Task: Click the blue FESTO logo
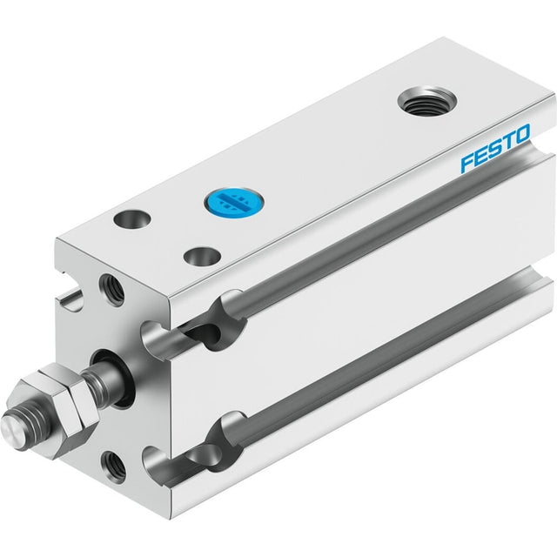[495, 148]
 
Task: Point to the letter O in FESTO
[521, 134]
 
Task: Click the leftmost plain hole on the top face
[132, 219]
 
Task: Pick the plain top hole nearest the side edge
[202, 256]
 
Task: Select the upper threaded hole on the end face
[112, 289]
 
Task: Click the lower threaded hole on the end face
[113, 467]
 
